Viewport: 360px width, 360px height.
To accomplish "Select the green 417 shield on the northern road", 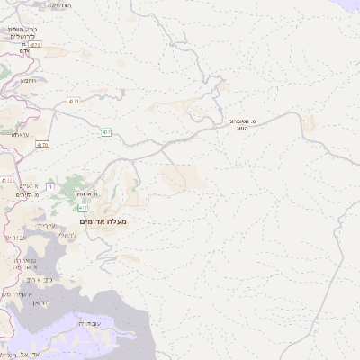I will (106, 132).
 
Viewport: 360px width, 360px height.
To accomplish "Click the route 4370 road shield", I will (44, 143).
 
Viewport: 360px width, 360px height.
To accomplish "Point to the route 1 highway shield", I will (51, 186).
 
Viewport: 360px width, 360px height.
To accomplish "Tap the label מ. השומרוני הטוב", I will (242, 124).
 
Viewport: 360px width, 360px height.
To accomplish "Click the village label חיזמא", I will (29, 80).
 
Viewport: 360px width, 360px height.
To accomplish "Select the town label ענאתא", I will (21, 133).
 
